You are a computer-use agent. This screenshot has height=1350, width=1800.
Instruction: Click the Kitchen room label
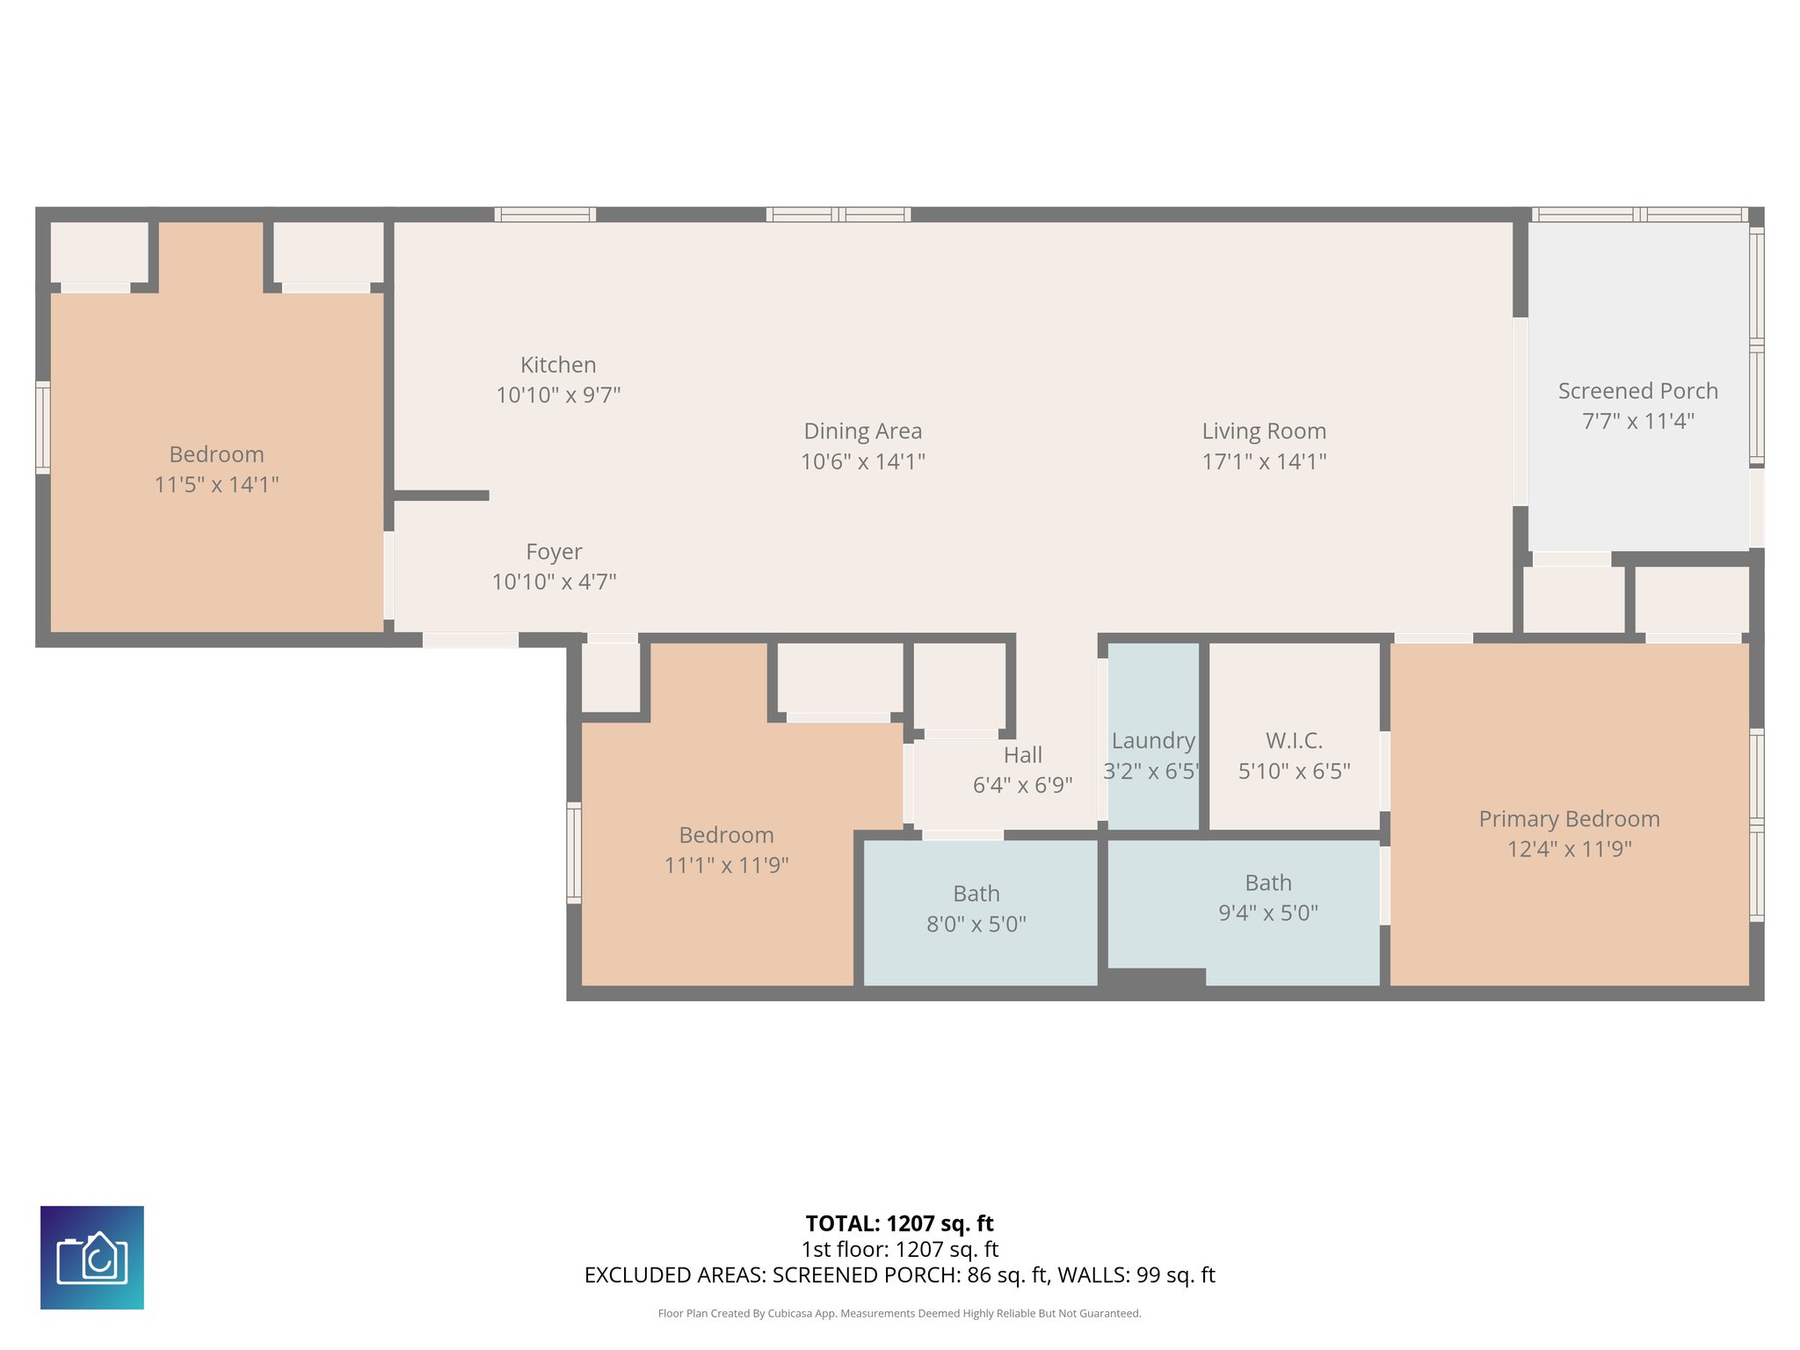558,365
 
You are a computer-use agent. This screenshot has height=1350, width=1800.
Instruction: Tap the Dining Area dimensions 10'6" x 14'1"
862,461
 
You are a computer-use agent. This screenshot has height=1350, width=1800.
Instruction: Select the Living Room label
1264,431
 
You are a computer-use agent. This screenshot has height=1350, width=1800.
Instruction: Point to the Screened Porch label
1637,391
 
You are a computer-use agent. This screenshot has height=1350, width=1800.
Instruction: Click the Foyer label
554,551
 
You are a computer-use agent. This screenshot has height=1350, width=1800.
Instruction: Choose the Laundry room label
1153,741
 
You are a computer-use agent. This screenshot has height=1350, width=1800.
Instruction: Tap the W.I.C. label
1294,741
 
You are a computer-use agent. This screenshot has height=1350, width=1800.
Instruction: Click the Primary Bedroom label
1569,819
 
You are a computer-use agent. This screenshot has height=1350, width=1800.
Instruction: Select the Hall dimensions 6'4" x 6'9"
1022,785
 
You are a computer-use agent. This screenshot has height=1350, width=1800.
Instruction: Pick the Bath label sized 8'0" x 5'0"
976,894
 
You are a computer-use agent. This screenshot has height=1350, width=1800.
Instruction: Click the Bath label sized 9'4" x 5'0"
1267,882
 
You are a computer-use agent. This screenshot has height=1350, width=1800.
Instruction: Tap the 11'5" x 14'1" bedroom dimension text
216,484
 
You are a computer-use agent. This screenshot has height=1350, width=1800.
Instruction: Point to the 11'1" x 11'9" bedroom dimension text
726,865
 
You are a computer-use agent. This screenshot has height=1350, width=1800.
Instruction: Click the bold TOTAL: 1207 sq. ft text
899,1223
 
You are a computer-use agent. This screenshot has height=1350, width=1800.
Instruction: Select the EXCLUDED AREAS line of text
899,1275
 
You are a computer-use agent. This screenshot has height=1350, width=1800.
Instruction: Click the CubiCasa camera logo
92,1258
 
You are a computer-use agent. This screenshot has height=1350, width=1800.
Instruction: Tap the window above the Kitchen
545,214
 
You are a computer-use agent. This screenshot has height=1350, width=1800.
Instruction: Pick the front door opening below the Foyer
470,640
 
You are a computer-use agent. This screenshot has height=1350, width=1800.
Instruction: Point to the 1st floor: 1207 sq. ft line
899,1249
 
